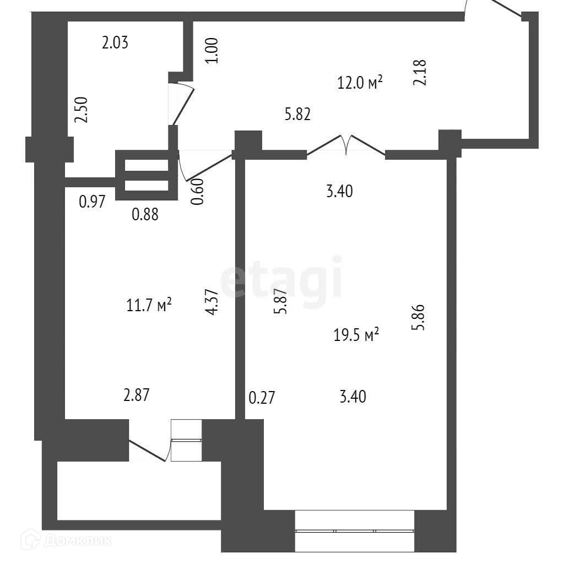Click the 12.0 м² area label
pos(359,83)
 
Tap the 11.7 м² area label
pos(149,305)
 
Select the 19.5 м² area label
pos(356,335)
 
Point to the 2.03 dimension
pos(115,42)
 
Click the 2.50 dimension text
pos(81,110)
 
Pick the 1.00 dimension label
pos(211,51)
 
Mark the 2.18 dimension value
pos(419,72)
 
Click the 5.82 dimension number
pos(297,115)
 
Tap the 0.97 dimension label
pos(92,202)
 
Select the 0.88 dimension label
pos(145,214)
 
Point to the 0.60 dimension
pos(197,192)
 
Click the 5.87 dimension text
pos(280,301)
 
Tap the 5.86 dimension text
pos(418,317)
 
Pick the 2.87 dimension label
pos(137,395)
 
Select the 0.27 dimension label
pos(262,398)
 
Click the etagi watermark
pos(280,281)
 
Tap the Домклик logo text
pos(78,540)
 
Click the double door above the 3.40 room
pos(346,145)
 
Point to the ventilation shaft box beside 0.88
pos(147,175)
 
